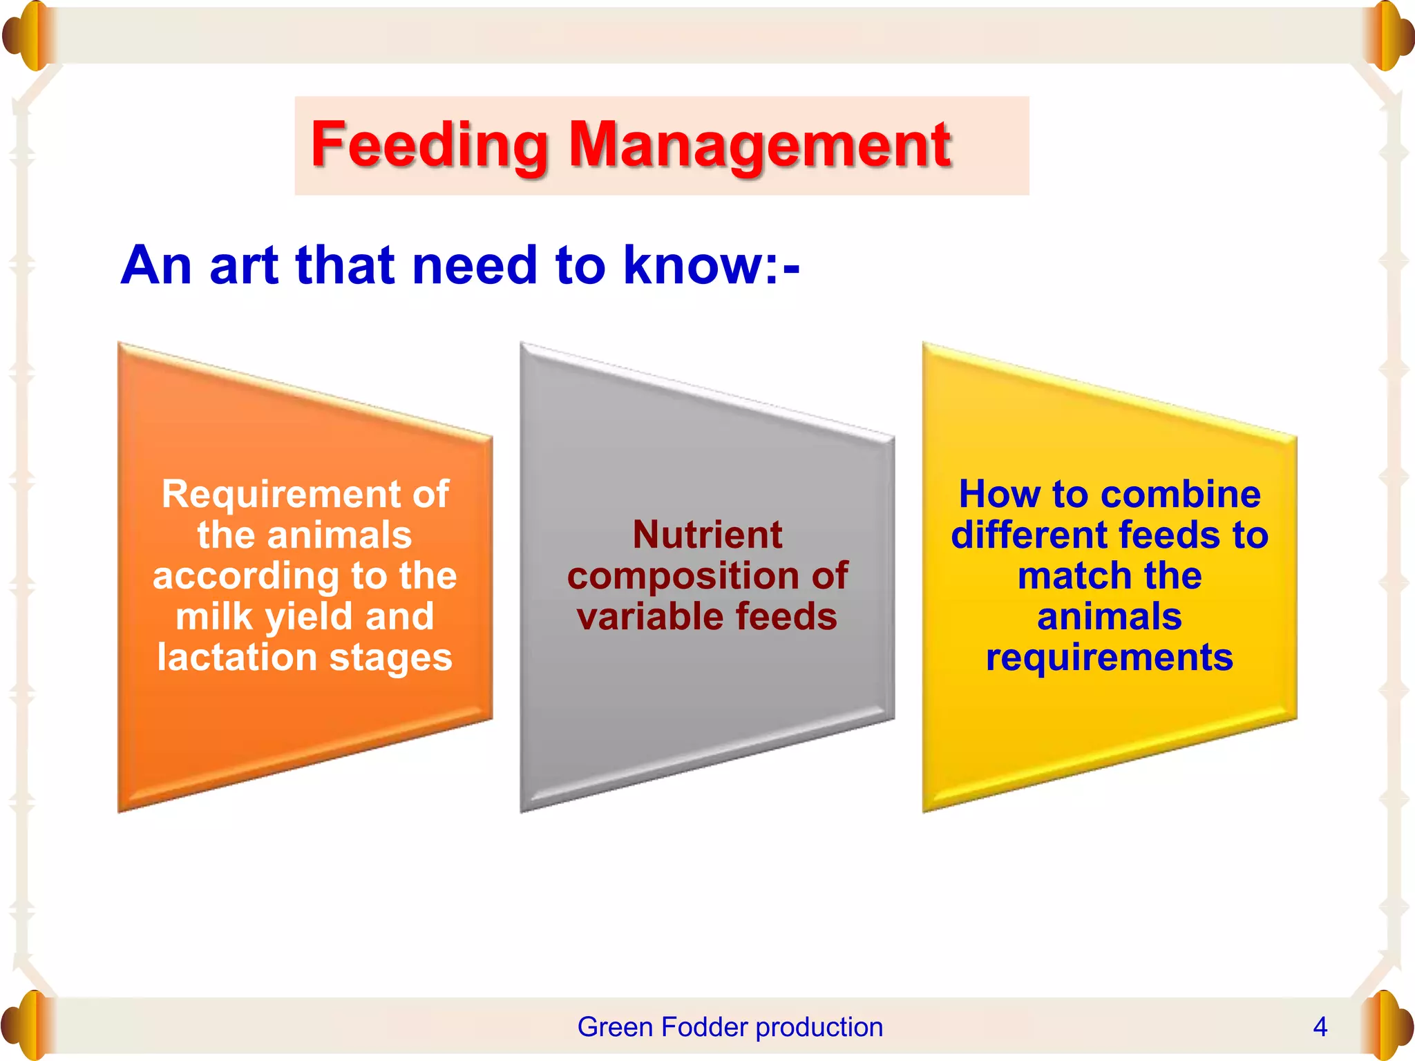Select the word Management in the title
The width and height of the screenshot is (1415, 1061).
click(759, 146)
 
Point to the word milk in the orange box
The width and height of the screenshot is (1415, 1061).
click(213, 616)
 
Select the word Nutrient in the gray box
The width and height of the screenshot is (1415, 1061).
click(707, 535)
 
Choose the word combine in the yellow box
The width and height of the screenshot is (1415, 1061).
click(1181, 495)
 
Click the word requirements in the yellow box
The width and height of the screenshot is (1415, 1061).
click(1109, 657)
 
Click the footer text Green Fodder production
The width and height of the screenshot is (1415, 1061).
click(730, 1027)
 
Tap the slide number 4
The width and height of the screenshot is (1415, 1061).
click(1320, 1027)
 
